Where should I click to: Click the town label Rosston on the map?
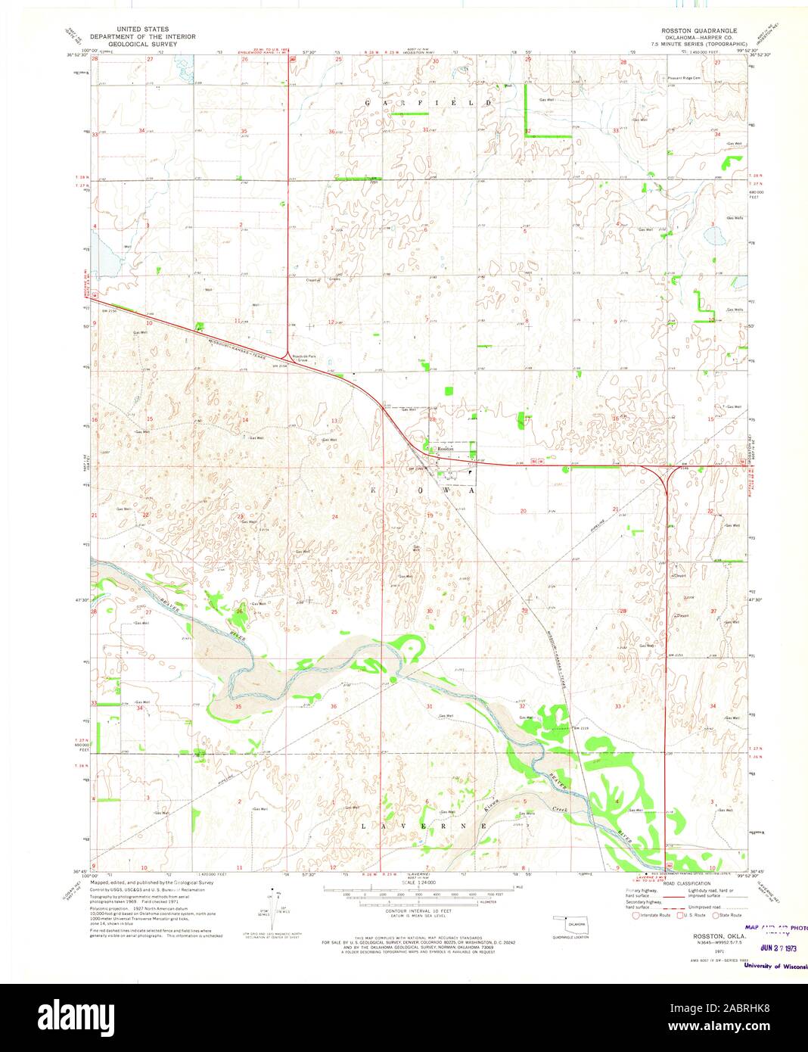(444, 449)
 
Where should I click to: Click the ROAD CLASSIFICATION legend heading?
(688, 884)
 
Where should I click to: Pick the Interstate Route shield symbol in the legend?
(625, 915)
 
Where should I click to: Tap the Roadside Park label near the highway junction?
(304, 356)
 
